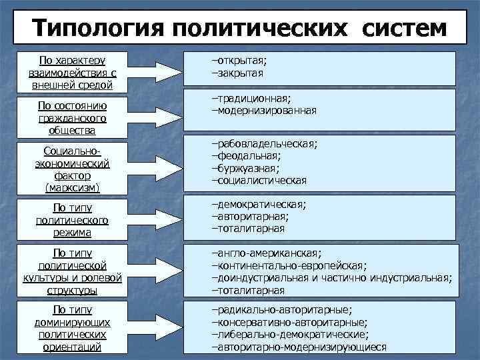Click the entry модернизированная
coord(264,111)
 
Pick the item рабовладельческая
coord(264,144)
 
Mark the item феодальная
coord(247,156)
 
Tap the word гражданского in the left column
coord(72,118)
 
